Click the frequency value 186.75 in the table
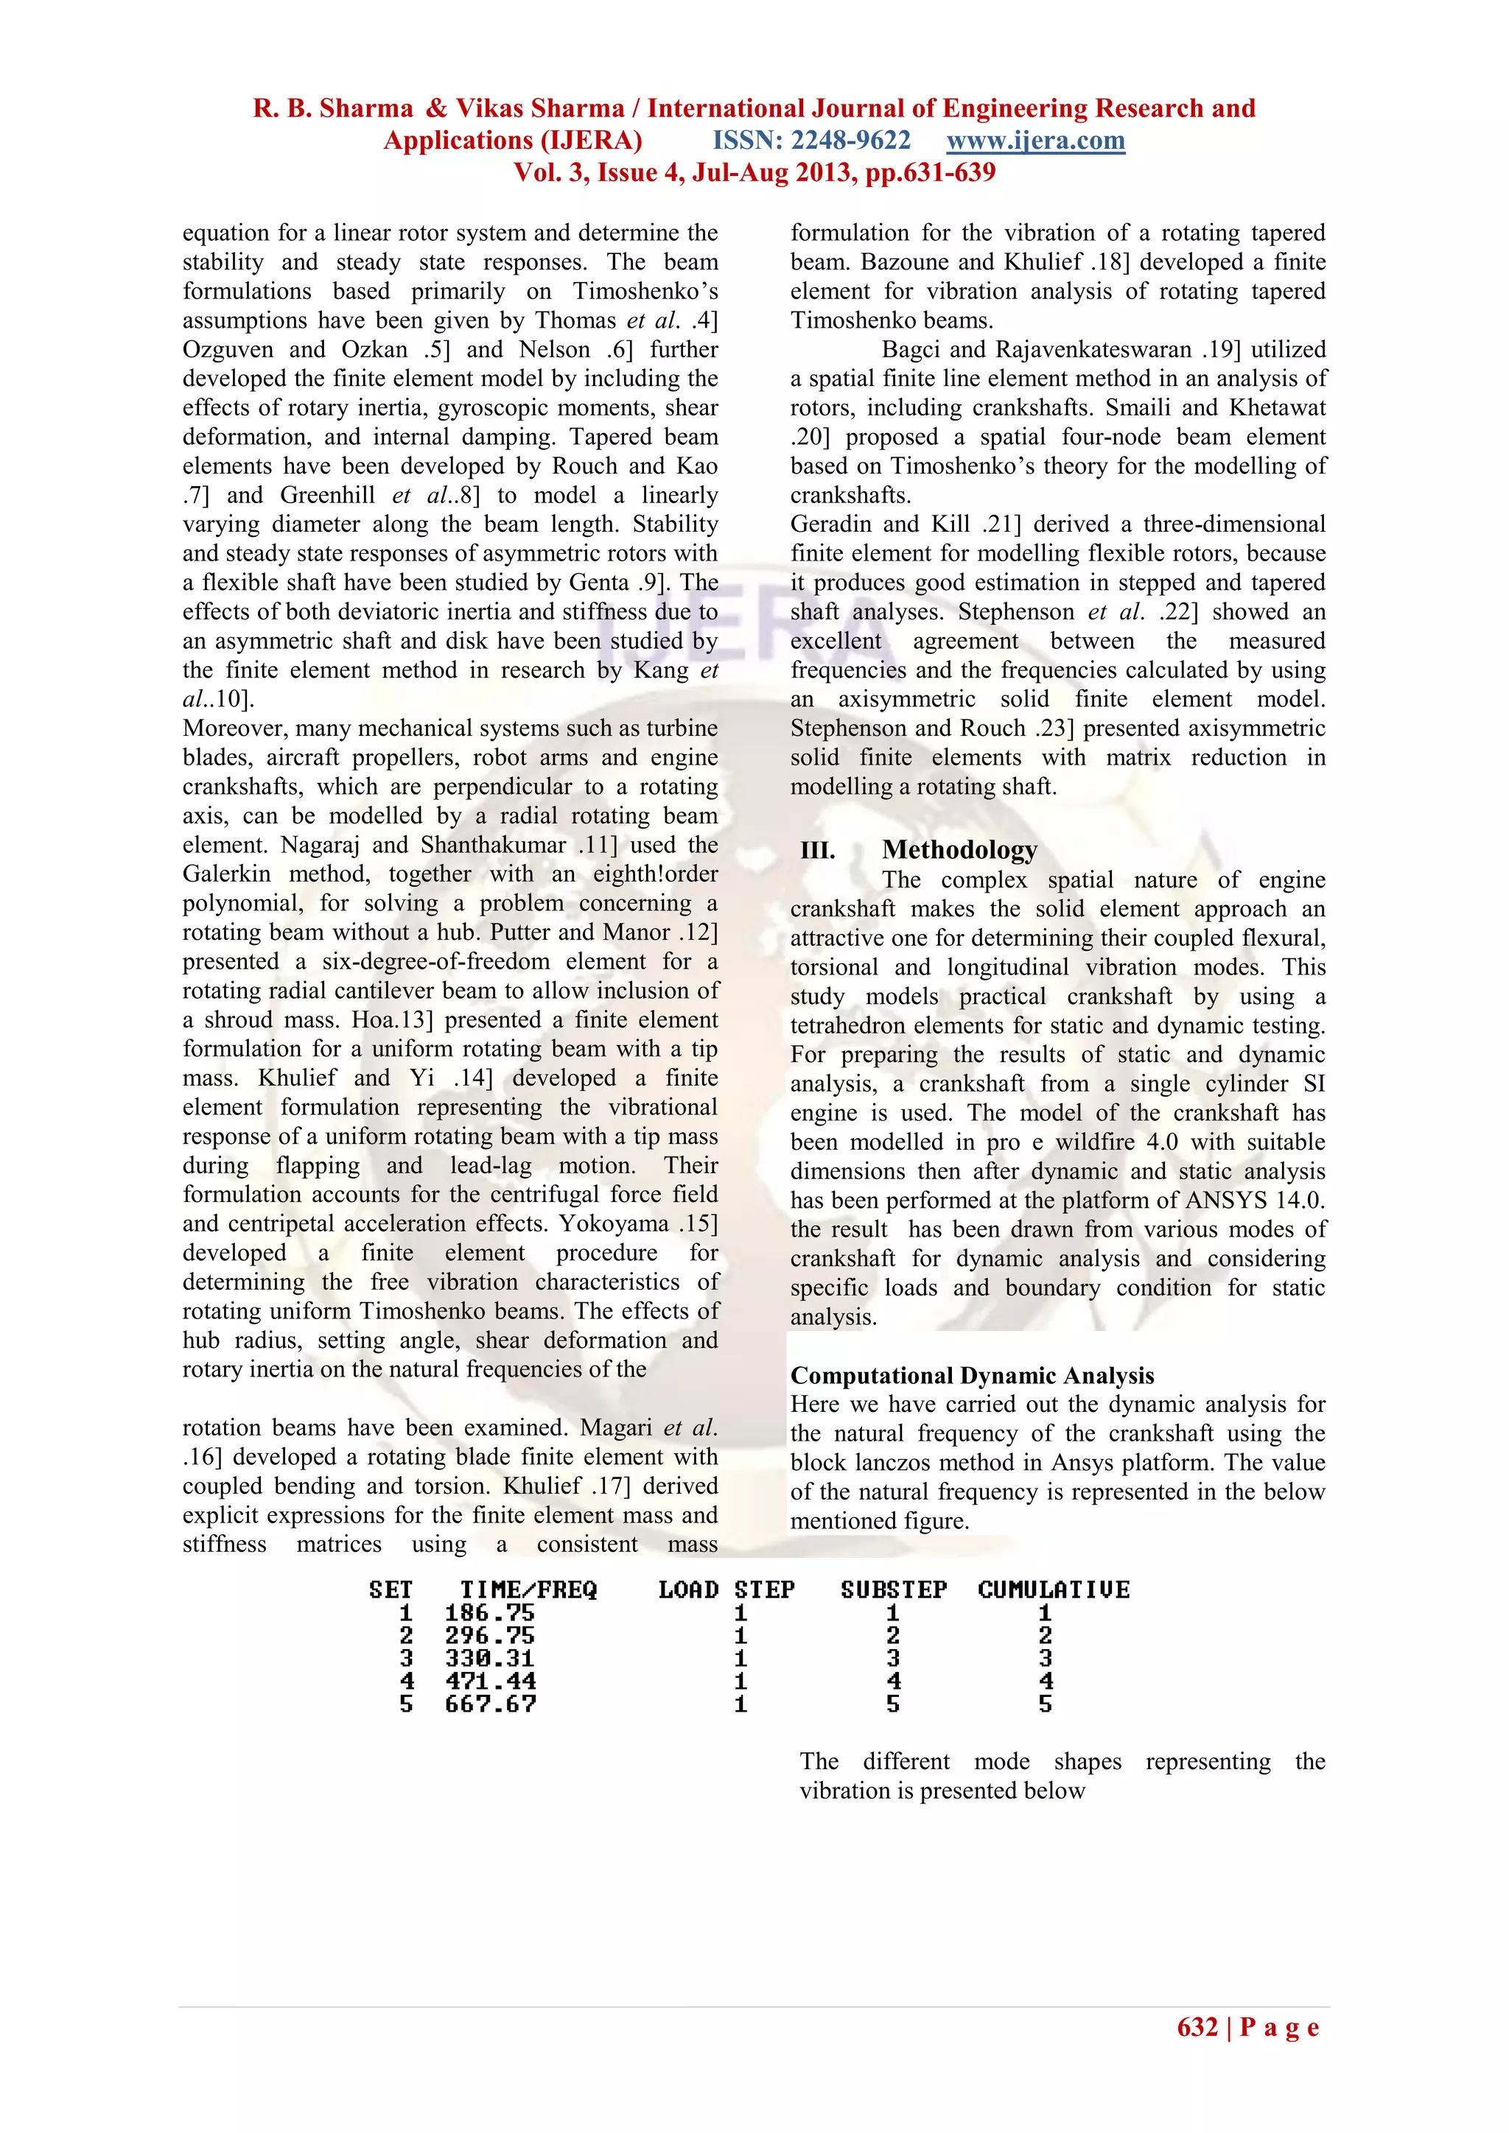(490, 1613)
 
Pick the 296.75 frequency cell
(490, 1636)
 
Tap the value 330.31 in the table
(490, 1658)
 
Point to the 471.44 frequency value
(490, 1682)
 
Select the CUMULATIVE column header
(1053, 1589)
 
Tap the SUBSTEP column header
(893, 1589)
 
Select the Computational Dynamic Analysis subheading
(972, 1375)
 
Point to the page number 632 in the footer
(1197, 2027)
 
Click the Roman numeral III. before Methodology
(818, 850)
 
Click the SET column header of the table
(391, 1589)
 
